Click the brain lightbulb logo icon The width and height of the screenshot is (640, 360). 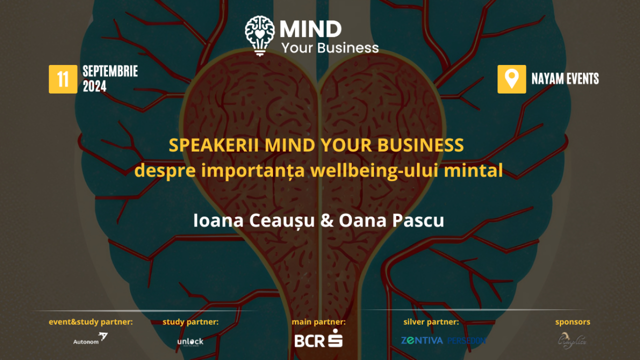click(x=259, y=35)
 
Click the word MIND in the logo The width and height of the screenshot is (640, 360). click(x=310, y=29)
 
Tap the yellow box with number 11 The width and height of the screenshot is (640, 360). click(x=63, y=79)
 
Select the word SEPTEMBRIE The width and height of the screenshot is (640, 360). click(x=110, y=71)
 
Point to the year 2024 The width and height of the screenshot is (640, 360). click(x=94, y=86)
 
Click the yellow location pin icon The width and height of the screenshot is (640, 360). click(x=511, y=79)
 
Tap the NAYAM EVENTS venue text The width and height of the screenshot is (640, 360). click(x=565, y=79)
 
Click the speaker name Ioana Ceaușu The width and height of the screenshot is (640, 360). click(x=254, y=220)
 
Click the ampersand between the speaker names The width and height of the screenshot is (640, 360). click(x=326, y=220)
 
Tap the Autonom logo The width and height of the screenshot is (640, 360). click(x=90, y=338)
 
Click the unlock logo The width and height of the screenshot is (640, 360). click(x=190, y=341)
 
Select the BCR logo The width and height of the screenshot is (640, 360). click(x=318, y=339)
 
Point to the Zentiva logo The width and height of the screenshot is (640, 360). click(x=422, y=340)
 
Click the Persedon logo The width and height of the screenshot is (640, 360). click(x=466, y=340)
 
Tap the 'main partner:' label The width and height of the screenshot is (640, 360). click(x=318, y=322)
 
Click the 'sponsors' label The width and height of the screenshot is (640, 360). click(x=572, y=322)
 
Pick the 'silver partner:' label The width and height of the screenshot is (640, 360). click(x=431, y=322)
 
